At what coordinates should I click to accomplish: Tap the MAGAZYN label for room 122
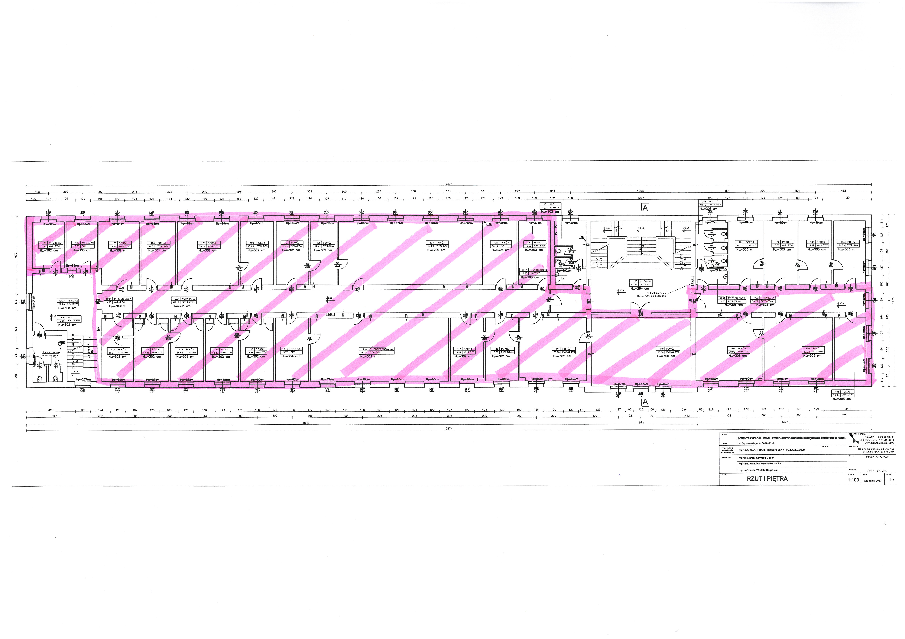pos(88,243)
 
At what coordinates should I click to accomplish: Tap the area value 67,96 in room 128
pos(430,246)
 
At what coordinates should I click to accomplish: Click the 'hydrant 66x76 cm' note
pos(656,293)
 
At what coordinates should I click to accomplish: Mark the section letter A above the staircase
pos(645,208)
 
